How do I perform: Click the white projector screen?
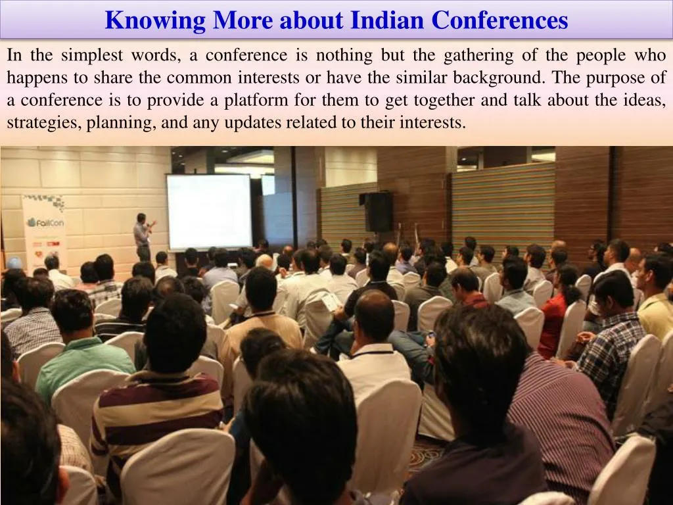pos(209,210)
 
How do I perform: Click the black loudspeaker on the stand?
pos(379,212)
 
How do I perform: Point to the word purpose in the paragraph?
pos(613,78)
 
